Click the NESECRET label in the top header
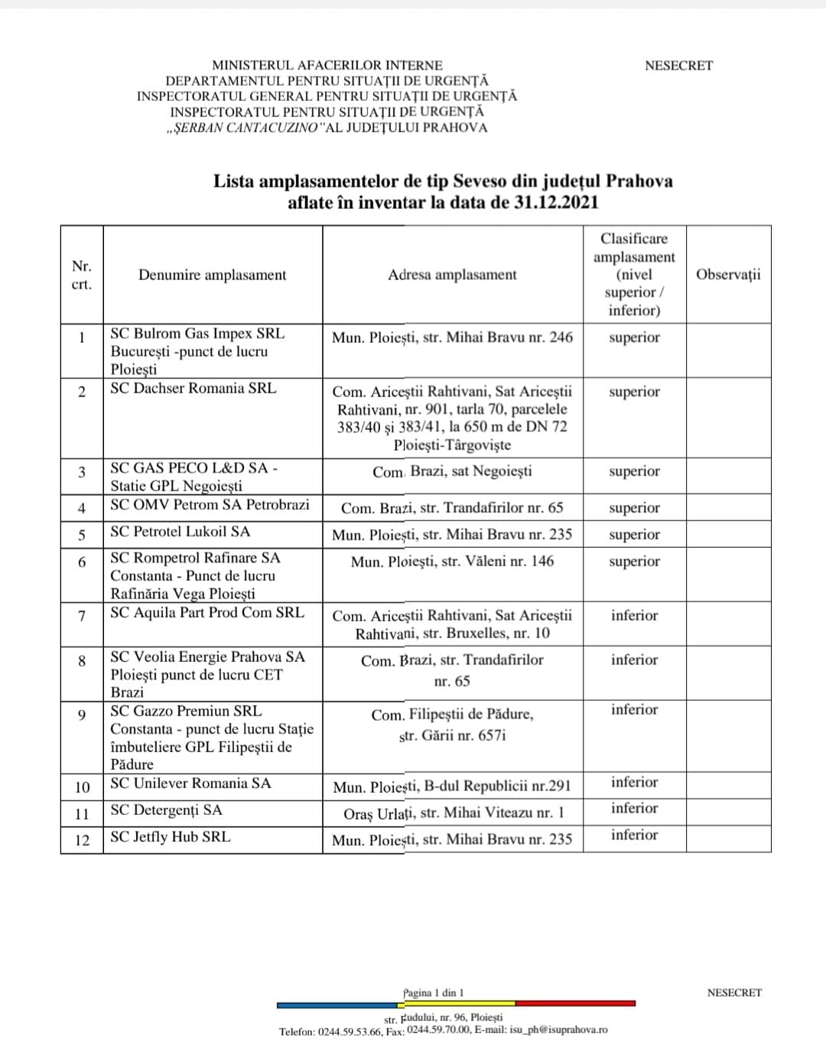(x=678, y=66)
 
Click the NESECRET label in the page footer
(x=734, y=992)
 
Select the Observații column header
(x=728, y=275)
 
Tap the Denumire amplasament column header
(x=213, y=275)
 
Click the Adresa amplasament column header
(x=452, y=275)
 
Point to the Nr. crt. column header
(x=82, y=275)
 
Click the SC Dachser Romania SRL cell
(x=193, y=388)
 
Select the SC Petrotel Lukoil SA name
(x=180, y=532)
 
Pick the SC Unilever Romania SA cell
(x=190, y=783)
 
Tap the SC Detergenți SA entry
(x=166, y=810)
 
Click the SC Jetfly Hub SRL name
(x=171, y=836)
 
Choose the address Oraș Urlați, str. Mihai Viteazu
(x=454, y=813)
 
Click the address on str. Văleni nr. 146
(x=452, y=562)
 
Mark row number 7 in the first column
(x=82, y=615)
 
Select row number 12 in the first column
(x=82, y=840)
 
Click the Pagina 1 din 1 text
(x=434, y=993)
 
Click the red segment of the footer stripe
(x=575, y=1003)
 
